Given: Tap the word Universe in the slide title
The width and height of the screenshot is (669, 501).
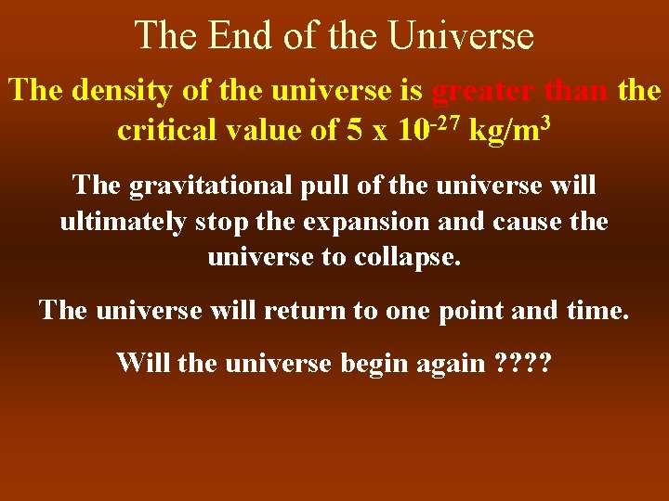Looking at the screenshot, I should click(x=461, y=36).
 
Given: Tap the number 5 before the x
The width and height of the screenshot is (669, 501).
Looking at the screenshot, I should click(x=354, y=130).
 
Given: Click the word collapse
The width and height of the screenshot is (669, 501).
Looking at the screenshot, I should click(x=409, y=257).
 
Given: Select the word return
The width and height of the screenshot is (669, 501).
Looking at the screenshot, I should click(x=306, y=309).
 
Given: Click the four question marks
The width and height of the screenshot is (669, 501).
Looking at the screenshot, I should click(x=524, y=362).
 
